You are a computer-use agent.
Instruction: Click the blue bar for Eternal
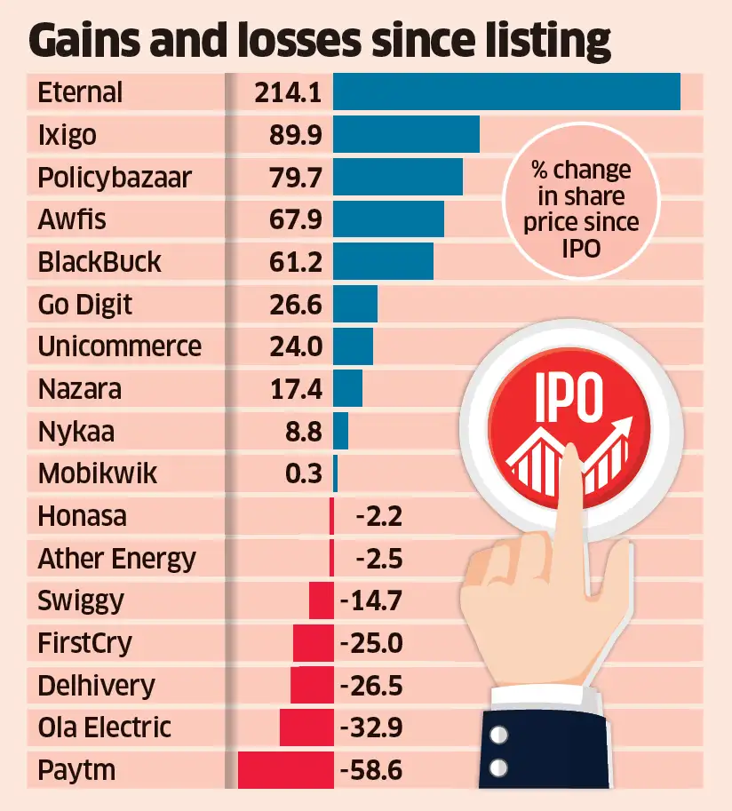click(x=506, y=92)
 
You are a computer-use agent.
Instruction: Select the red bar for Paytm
click(x=285, y=769)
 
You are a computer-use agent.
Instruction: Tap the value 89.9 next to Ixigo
click(x=294, y=135)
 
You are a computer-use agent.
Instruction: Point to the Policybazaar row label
click(x=115, y=178)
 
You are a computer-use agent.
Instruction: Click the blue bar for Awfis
click(x=388, y=219)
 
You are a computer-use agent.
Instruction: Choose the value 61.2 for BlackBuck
click(x=294, y=262)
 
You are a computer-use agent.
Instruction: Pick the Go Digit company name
click(x=85, y=305)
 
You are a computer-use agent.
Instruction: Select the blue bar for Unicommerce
click(x=353, y=346)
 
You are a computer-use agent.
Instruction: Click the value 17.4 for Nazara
click(x=294, y=389)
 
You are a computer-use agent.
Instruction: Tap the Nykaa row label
click(x=76, y=432)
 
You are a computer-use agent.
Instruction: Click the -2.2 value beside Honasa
click(x=378, y=516)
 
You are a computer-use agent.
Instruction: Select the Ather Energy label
click(x=116, y=559)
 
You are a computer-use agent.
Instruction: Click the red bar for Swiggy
click(x=321, y=600)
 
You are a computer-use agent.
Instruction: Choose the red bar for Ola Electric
click(x=306, y=728)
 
